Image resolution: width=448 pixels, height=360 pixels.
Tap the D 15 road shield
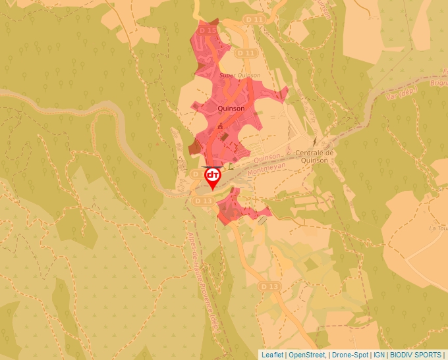pos(208,30)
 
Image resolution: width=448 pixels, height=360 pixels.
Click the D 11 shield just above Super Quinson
pos(246,52)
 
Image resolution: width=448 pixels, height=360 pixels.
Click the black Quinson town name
pos(231,109)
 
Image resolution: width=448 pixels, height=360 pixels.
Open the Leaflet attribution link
pos(273,355)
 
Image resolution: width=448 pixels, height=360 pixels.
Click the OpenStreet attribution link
pos(307,355)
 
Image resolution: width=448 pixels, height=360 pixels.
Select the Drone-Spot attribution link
pos(350,355)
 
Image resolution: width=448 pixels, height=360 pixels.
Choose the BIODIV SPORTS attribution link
pos(415,355)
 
